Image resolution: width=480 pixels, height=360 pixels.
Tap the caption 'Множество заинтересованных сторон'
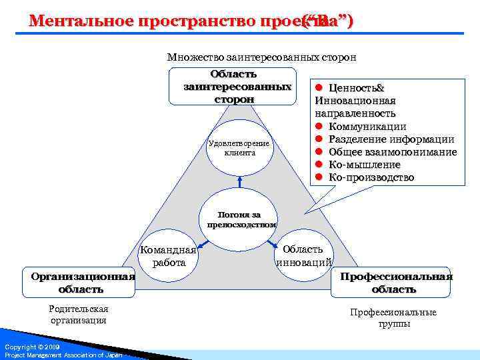click(261, 57)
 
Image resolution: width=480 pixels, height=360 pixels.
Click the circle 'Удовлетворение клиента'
click(239, 148)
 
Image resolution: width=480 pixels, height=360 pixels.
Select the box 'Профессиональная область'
click(397, 283)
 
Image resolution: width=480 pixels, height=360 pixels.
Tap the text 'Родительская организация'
click(79, 314)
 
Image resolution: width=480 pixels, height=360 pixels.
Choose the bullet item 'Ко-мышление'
click(364, 165)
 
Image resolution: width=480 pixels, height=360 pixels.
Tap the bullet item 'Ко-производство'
click(371, 177)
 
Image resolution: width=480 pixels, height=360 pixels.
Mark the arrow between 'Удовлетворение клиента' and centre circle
click(239, 181)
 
